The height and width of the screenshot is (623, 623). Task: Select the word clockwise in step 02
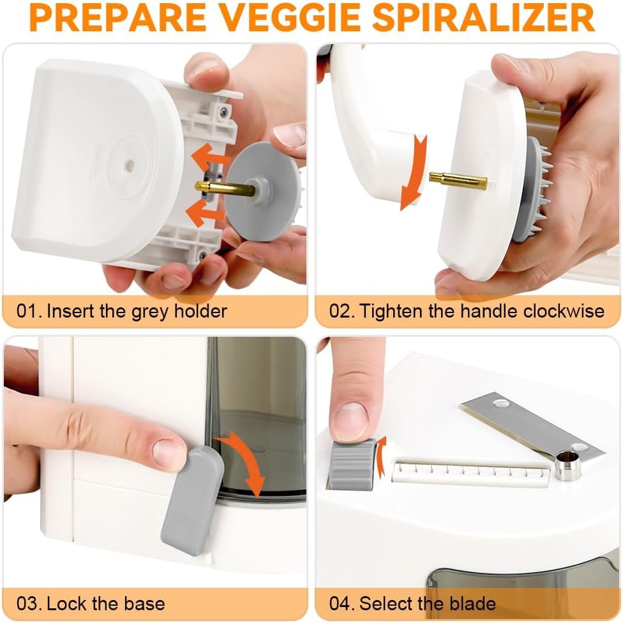pyautogui.click(x=564, y=311)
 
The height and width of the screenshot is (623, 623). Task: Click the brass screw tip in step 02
pyautogui.click(x=457, y=181)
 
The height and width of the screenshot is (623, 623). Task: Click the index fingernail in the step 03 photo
pyautogui.click(x=169, y=452)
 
